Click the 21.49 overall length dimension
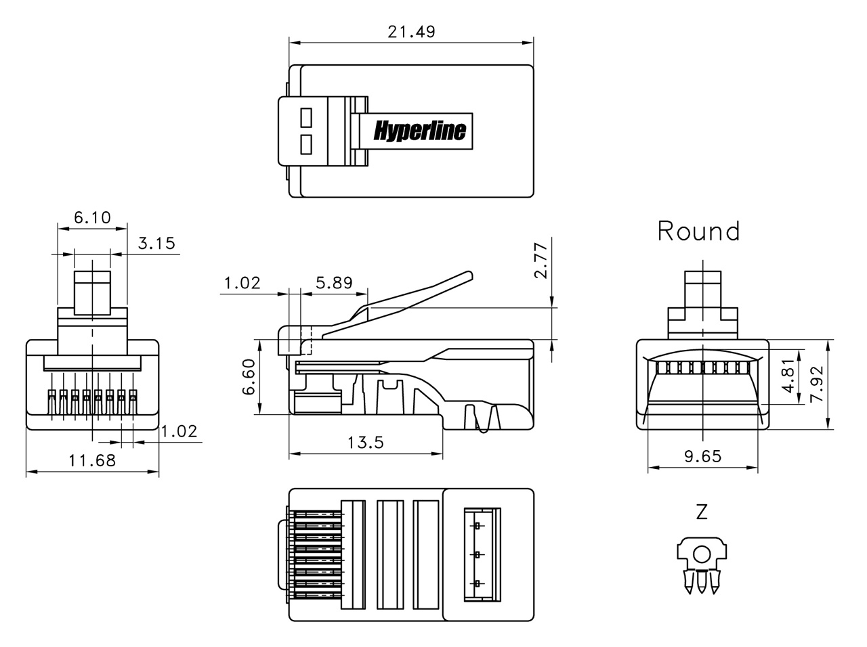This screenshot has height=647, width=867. tap(411, 31)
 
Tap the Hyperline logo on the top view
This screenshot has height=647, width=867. tap(420, 130)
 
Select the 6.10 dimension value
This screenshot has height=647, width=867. tap(91, 217)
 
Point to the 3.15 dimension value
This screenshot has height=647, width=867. tap(156, 243)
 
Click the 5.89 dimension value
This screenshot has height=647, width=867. tap(334, 282)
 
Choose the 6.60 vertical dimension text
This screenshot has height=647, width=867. tap(249, 377)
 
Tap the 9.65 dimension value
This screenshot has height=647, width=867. tap(702, 456)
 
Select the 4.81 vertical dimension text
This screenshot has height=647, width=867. tap(787, 377)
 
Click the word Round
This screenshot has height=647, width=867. tap(698, 231)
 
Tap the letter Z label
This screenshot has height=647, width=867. tap(702, 512)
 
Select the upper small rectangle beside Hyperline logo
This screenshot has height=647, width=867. tap(304, 118)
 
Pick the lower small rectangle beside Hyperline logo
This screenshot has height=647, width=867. tap(304, 143)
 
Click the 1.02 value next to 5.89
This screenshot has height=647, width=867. tap(242, 282)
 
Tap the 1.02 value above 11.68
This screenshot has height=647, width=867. tap(179, 431)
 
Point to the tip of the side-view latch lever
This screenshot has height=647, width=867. tap(468, 275)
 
